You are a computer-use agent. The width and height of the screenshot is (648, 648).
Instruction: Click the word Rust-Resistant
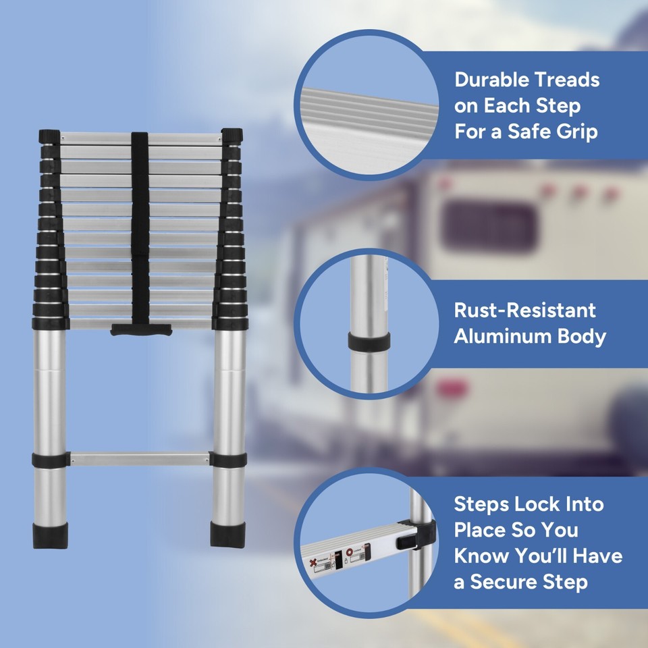(524, 310)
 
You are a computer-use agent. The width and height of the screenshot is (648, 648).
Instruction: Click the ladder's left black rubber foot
(49, 533)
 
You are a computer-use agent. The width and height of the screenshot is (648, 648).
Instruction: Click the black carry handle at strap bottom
(141, 329)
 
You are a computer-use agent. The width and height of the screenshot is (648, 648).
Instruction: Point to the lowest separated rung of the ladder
(139, 459)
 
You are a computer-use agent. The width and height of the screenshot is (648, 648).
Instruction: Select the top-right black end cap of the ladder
(232, 136)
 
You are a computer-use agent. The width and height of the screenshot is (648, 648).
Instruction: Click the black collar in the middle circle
(369, 341)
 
